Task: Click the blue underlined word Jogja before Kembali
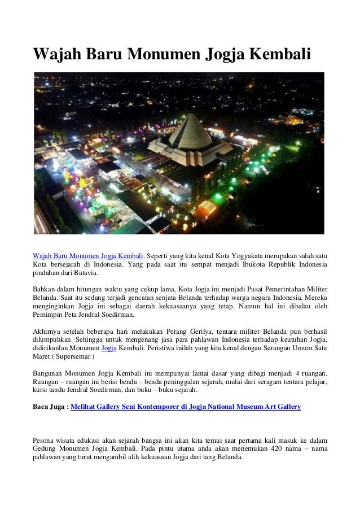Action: click(108, 347)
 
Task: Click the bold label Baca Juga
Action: click(50, 407)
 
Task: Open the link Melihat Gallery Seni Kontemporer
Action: click(133, 407)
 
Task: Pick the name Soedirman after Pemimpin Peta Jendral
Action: click(116, 314)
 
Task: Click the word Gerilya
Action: click(197, 328)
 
